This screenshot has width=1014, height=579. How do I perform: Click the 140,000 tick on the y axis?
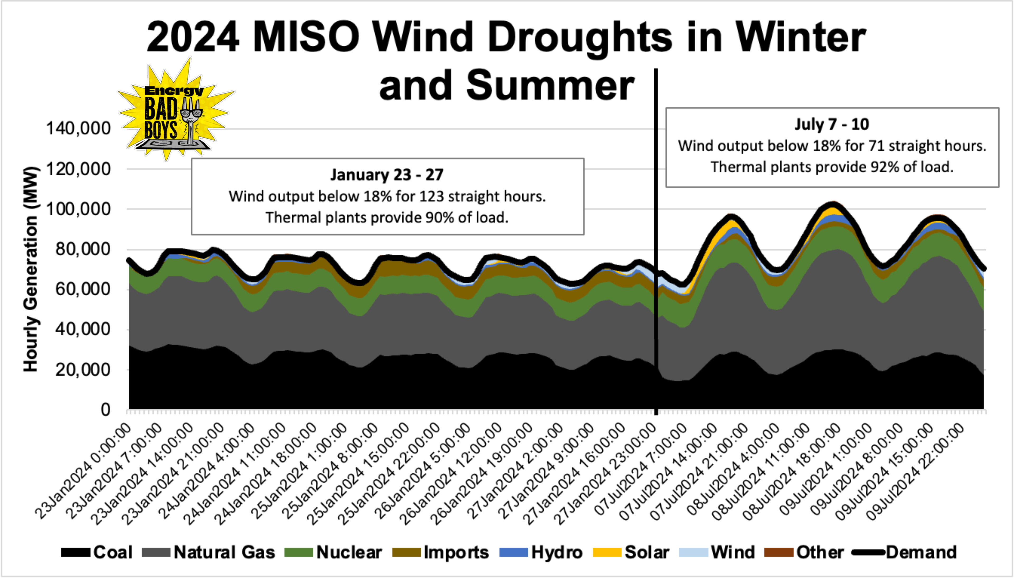coord(78,128)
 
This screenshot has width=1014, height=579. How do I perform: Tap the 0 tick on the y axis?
coord(105,410)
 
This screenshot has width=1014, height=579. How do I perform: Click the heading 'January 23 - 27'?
coord(387,175)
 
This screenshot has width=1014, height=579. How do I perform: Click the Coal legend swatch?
coord(76,552)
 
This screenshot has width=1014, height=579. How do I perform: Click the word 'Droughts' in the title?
coord(580,37)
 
